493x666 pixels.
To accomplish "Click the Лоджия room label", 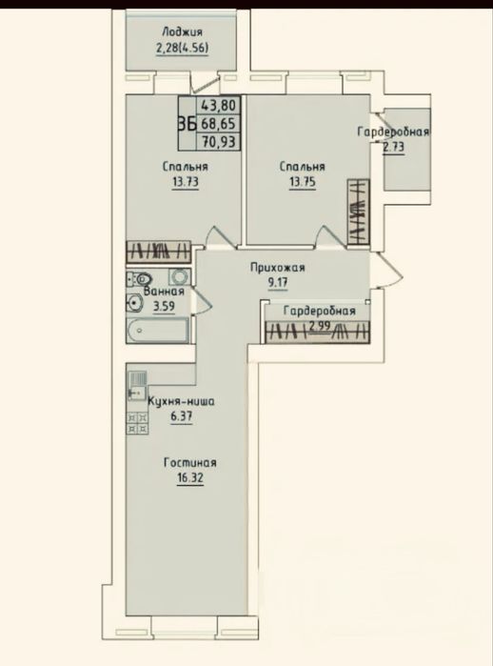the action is (x=182, y=32).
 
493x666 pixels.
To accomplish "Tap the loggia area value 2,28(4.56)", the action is (x=183, y=49).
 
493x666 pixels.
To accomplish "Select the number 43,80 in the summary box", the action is (x=218, y=105).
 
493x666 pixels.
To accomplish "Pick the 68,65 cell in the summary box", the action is (x=218, y=124).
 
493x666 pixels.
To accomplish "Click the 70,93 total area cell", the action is (x=218, y=141).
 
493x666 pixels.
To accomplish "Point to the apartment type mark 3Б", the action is (x=187, y=125).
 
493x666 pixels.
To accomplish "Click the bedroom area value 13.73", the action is (x=185, y=183).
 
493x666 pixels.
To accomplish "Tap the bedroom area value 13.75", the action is (x=302, y=183).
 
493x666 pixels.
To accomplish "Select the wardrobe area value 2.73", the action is (x=394, y=148).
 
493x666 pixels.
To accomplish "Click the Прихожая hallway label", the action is (x=278, y=268).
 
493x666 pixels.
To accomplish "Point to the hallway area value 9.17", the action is (x=278, y=283).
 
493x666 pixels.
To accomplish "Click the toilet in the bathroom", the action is (x=140, y=279).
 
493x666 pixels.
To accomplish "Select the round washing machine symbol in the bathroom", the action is (x=180, y=277).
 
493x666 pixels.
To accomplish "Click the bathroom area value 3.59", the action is (x=164, y=306).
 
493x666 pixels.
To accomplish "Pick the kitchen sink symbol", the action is (x=137, y=386).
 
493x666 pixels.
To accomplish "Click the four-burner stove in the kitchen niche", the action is (x=137, y=423).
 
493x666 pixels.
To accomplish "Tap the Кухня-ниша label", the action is (x=181, y=401).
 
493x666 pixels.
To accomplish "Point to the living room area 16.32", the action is (x=190, y=478).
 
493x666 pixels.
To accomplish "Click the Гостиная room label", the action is (x=190, y=462).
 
